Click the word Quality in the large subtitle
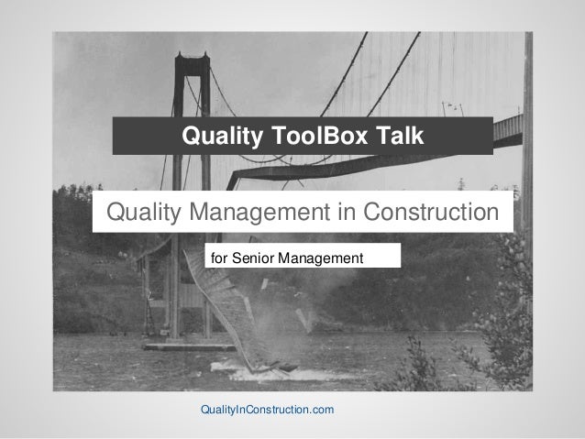pyautogui.click(x=147, y=214)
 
